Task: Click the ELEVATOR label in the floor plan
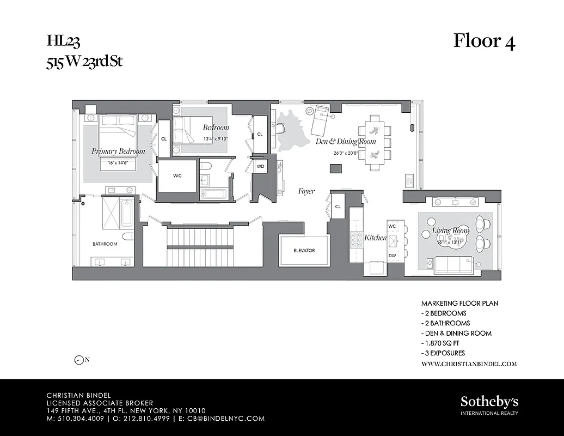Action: tap(304, 251)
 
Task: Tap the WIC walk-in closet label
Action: tap(177, 176)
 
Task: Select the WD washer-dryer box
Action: tap(260, 166)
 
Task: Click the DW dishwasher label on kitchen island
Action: tap(393, 255)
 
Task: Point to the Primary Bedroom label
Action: tap(118, 151)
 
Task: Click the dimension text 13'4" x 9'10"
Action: tap(216, 138)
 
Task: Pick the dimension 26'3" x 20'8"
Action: tap(346, 153)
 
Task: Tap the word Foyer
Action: tap(306, 191)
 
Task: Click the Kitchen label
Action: tap(375, 238)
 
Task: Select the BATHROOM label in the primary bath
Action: tap(105, 244)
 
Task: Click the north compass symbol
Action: tap(79, 360)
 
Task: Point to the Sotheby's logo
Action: tap(489, 402)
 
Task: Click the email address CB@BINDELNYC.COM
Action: tap(227, 419)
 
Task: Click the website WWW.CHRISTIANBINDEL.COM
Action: tap(469, 364)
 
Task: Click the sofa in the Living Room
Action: tap(453, 265)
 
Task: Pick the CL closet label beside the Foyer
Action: tap(338, 207)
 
